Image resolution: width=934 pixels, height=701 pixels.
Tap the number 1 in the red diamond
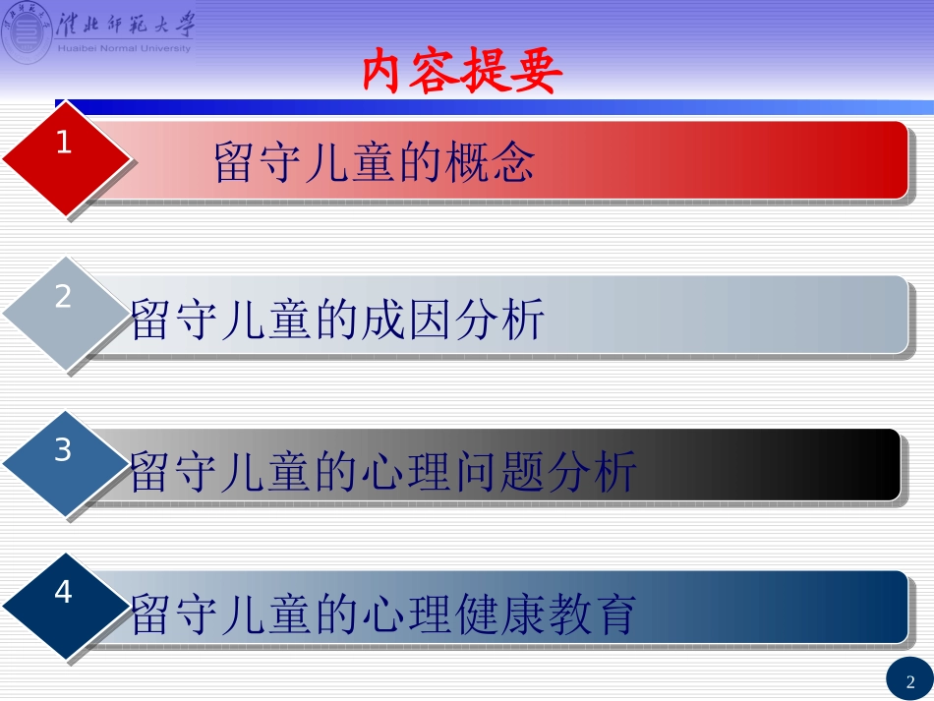(x=64, y=144)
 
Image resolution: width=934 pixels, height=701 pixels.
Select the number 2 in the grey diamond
(x=63, y=297)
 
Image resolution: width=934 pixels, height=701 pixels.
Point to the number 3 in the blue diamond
(x=63, y=450)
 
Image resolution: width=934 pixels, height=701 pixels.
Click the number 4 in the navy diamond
(x=63, y=593)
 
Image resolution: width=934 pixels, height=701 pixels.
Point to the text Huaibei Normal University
(x=125, y=48)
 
